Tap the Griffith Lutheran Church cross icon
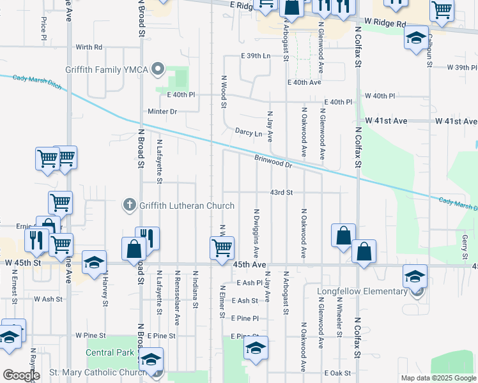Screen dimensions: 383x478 [x=129, y=205]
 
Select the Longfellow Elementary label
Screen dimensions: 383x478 [x=362, y=292]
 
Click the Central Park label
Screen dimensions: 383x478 [x=110, y=352]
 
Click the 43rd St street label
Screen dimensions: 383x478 [x=281, y=192]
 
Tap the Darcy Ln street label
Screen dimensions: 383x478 [x=249, y=133]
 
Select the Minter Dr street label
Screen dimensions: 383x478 [x=162, y=112]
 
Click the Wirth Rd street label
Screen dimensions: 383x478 [x=89, y=47]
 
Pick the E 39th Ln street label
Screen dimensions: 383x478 [x=256, y=56]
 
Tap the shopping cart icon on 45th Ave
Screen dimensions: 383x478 [x=221, y=247]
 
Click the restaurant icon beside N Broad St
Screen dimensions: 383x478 [x=147, y=237]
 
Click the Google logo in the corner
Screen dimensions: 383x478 [x=21, y=375]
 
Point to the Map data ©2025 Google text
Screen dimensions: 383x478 [x=438, y=378]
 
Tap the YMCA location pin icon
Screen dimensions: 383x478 [x=160, y=69]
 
